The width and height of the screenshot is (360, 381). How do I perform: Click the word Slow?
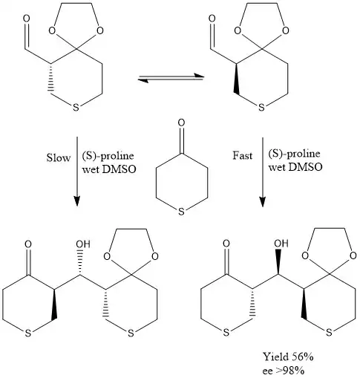pos(59,157)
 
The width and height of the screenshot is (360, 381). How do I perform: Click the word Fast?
pos(243,156)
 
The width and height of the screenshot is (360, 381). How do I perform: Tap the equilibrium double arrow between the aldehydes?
pos(171,77)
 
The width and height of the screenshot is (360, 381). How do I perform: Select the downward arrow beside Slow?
pos(77,172)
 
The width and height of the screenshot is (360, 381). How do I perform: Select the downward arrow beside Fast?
pos(263,172)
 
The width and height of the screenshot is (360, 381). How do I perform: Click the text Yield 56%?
pos(288,356)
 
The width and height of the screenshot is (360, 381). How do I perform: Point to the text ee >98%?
pos(284,371)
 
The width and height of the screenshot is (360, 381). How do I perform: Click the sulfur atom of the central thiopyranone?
pos(181,212)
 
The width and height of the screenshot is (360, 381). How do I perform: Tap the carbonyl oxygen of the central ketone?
pos(181,123)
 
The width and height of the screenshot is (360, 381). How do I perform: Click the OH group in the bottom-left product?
pos(83,244)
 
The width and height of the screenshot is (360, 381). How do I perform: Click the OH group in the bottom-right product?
pos(281,244)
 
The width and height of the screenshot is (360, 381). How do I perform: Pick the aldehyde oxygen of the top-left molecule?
pos(26,19)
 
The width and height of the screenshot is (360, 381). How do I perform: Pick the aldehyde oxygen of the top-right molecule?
pos(212,19)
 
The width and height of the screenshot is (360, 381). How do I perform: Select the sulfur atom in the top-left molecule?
pos(76,108)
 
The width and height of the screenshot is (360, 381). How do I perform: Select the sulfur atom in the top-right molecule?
pos(261,108)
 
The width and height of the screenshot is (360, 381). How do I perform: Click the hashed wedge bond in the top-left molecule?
pos(51,78)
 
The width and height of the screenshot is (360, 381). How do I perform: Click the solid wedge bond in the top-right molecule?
pos(237,78)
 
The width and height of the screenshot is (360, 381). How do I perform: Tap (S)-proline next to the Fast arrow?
pos(294,154)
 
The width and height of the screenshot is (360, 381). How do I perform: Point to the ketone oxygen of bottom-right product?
pos(226,244)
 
